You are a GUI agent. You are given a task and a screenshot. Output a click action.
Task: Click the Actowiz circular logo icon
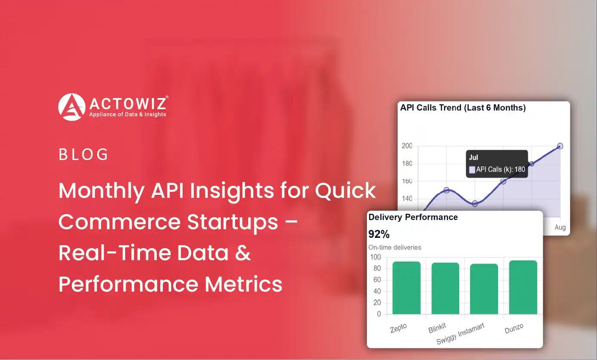pyautogui.click(x=72, y=107)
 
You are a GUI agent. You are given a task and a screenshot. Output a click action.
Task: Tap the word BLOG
pyautogui.click(x=83, y=154)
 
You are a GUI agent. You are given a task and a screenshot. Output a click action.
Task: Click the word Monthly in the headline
pyautogui.click(x=102, y=191)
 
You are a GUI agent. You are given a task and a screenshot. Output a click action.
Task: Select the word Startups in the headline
pyautogui.click(x=232, y=222)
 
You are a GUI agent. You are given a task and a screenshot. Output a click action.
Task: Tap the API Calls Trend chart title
pyautogui.click(x=463, y=108)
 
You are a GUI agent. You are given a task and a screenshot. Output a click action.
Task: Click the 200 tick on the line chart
pyautogui.click(x=407, y=146)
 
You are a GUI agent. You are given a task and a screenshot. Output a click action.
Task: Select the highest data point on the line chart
pyautogui.click(x=560, y=146)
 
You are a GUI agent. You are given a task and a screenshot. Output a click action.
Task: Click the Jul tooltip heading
pyautogui.click(x=473, y=157)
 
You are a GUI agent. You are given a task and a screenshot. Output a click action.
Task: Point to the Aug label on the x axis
pyautogui.click(x=560, y=227)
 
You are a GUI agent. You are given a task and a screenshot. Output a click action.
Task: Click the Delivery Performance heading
pyautogui.click(x=413, y=217)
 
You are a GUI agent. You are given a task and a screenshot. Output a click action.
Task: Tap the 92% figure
pyautogui.click(x=379, y=234)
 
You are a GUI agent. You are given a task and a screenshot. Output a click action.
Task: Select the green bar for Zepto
pyautogui.click(x=406, y=288)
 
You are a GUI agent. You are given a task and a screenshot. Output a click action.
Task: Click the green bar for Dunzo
pyautogui.click(x=523, y=287)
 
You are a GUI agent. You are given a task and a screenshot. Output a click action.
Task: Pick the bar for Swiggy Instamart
pyautogui.click(x=484, y=289)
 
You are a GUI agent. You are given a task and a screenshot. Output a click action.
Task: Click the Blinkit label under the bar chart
pyautogui.click(x=437, y=328)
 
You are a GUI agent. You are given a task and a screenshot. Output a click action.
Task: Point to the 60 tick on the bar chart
pyautogui.click(x=377, y=280)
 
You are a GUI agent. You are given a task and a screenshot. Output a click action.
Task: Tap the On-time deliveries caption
pyautogui.click(x=395, y=248)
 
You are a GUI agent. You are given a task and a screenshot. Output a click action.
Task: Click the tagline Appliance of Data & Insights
pyautogui.click(x=128, y=114)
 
